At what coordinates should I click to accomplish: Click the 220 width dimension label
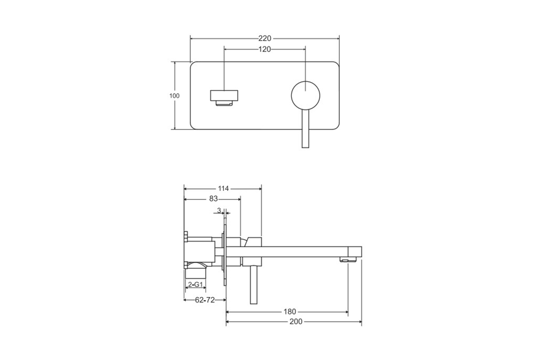265,38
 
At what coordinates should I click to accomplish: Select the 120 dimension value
265,49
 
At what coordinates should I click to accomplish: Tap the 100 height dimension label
174,96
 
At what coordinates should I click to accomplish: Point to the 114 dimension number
223,188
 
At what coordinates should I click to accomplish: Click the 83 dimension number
213,199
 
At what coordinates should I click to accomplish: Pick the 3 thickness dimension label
219,210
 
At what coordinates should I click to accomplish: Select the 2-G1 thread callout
196,284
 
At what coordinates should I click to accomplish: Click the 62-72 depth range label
205,300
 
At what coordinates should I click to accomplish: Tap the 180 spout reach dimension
290,312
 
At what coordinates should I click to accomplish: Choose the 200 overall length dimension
296,322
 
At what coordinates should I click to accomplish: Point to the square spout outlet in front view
224,98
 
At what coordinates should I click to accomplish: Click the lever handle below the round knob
306,129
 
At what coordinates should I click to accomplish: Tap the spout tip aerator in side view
349,260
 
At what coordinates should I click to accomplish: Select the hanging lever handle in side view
254,285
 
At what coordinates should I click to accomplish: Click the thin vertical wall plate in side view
225,255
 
